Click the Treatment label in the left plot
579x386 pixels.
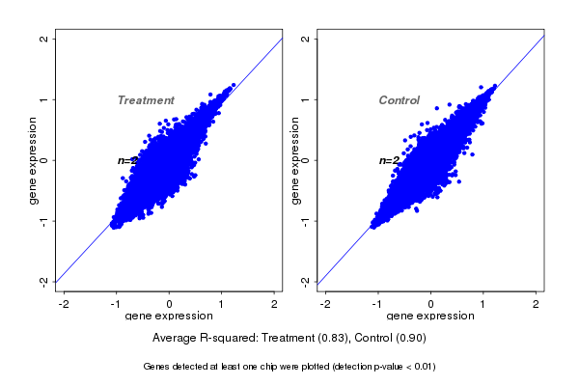pyautogui.click(x=146, y=100)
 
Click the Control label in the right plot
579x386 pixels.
pyautogui.click(x=399, y=100)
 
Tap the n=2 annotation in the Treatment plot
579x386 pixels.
pyautogui.click(x=127, y=160)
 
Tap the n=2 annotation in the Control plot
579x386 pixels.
pyautogui.click(x=389, y=160)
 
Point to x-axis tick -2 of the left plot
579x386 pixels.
pyautogui.click(x=63, y=304)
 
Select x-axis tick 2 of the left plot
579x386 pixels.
pyautogui.click(x=274, y=304)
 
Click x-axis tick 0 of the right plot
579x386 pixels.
pyautogui.click(x=431, y=304)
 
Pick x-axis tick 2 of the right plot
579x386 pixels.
pyautogui.click(x=537, y=304)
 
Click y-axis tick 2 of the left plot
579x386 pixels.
pyautogui.click(x=44, y=39)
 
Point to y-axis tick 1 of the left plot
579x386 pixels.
pyautogui.click(x=44, y=99)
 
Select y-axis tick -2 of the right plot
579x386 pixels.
pyautogui.click(x=306, y=281)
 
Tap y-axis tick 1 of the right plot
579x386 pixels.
pyautogui.click(x=306, y=99)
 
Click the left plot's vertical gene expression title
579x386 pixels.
pyautogui.click(x=34, y=160)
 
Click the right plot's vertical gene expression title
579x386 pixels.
pyautogui.click(x=295, y=160)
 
